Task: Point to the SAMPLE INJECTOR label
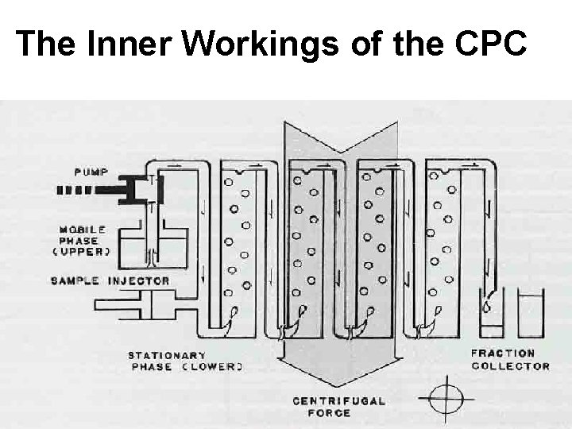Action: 110,280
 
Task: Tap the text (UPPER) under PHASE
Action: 82,251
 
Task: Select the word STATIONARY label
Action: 166,355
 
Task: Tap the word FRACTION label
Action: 503,353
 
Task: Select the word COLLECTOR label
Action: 510,365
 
